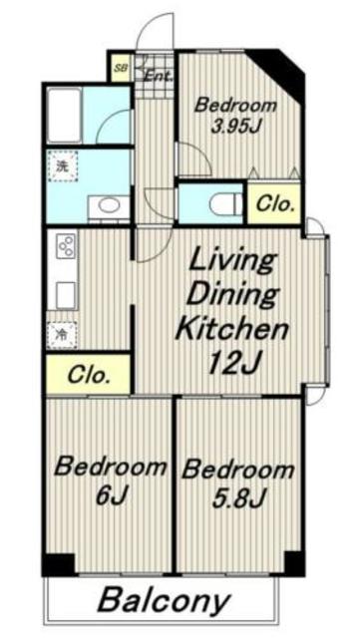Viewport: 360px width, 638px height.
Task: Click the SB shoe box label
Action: pos(120,68)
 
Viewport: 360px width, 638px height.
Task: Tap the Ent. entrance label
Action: pos(160,76)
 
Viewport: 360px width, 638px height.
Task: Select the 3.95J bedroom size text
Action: pos(235,127)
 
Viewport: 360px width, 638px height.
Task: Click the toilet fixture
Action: pos(226,204)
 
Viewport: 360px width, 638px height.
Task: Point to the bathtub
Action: pos(65,115)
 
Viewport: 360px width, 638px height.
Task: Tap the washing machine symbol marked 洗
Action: pos(62,166)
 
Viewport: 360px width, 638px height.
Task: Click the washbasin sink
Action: pos(109,206)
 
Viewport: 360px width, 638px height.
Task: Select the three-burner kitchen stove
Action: pos(67,244)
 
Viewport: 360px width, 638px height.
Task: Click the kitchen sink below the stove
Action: pos(66,295)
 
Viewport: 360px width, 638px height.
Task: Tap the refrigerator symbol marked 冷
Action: pos(62,335)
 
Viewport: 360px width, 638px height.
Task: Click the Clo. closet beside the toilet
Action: pos(273,203)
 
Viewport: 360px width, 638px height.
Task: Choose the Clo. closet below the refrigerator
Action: pos(88,374)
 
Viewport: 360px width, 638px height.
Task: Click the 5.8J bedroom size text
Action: pos(238,496)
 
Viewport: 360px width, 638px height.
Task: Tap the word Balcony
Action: pos(164,601)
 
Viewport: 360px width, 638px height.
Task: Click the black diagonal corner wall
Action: pos(280,73)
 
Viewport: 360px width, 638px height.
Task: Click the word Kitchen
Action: pos(231,329)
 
